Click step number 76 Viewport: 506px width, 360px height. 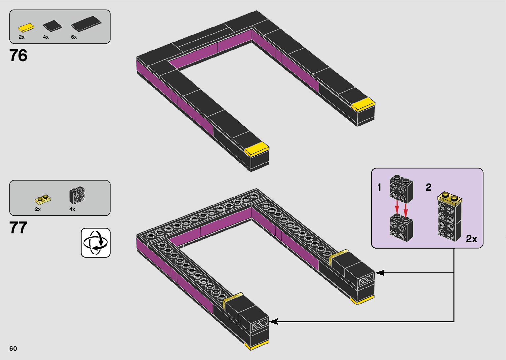pos(18,55)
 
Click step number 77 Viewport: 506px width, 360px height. pos(18,227)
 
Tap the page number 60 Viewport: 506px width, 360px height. pos(13,348)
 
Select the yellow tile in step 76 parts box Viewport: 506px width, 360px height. pos(26,27)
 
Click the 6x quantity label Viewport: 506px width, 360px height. pos(74,37)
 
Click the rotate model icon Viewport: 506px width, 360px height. pos(96,243)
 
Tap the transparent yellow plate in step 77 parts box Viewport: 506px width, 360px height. pos(43,199)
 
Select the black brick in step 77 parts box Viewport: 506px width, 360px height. pos(77,195)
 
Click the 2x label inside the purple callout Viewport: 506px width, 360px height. pos(472,239)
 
